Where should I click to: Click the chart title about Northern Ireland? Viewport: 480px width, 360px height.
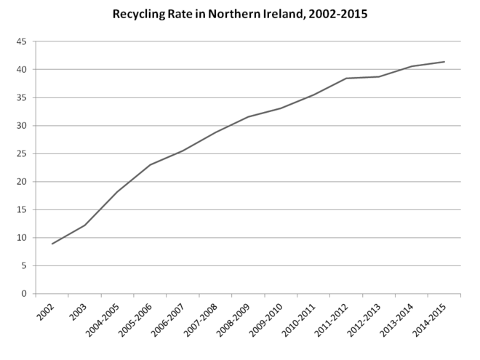pyautogui.click(x=239, y=14)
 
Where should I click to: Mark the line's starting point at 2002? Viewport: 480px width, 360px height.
pyautogui.click(x=52, y=244)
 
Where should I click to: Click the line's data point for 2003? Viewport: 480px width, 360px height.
pyautogui.click(x=85, y=225)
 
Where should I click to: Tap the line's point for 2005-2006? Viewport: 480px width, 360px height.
pyautogui.click(x=151, y=164)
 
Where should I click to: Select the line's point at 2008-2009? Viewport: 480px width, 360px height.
pyautogui.click(x=248, y=117)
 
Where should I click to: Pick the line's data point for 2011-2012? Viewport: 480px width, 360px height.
pyautogui.click(x=346, y=79)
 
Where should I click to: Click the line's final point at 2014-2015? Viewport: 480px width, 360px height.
pyautogui.click(x=444, y=62)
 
